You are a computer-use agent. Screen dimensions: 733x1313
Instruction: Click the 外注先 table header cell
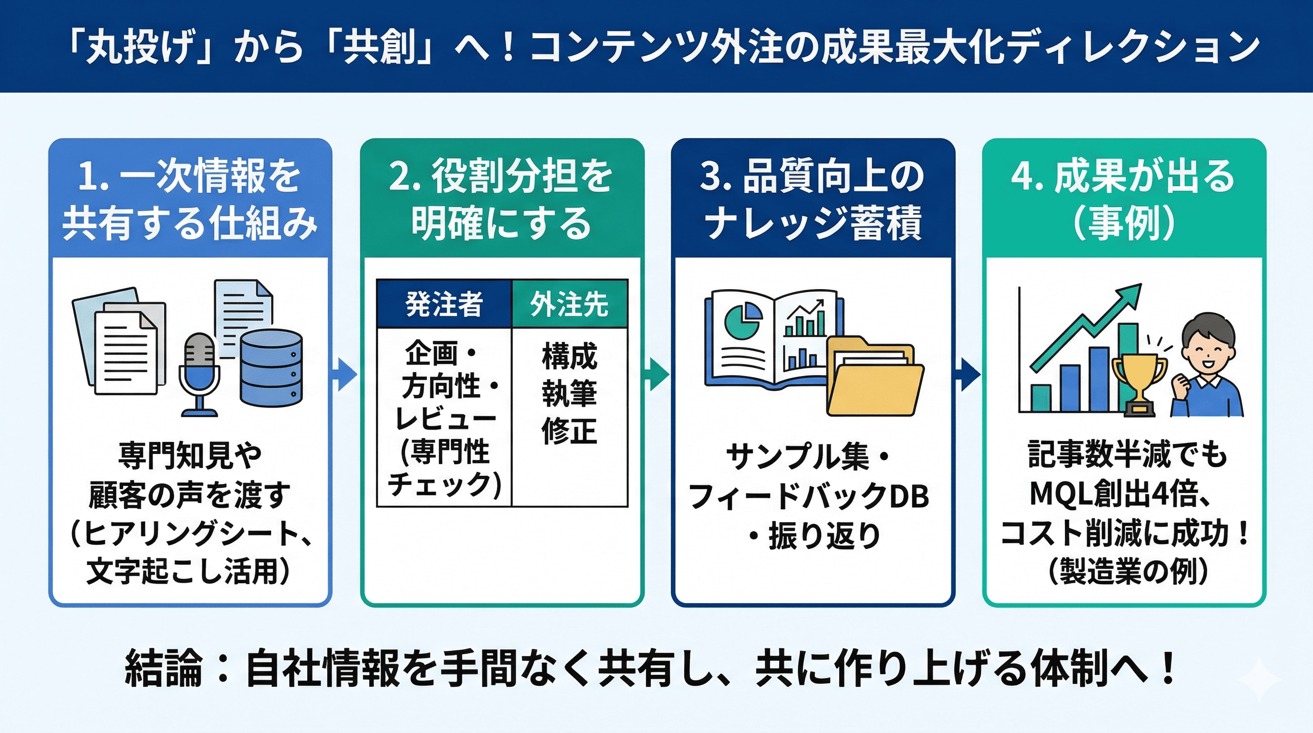[x=569, y=304]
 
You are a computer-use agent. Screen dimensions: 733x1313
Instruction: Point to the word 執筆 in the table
[x=569, y=394]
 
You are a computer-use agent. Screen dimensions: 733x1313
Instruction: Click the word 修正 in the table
[x=569, y=431]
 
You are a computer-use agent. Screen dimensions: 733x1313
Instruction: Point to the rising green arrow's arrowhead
[x=1128, y=296]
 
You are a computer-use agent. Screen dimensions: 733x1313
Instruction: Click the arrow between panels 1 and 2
[x=345, y=375]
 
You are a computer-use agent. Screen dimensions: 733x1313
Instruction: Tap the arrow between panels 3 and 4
[x=968, y=375]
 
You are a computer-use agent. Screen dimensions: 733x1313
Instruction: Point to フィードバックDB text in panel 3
[x=808, y=496]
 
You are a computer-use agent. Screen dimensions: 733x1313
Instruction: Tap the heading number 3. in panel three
[x=716, y=177]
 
